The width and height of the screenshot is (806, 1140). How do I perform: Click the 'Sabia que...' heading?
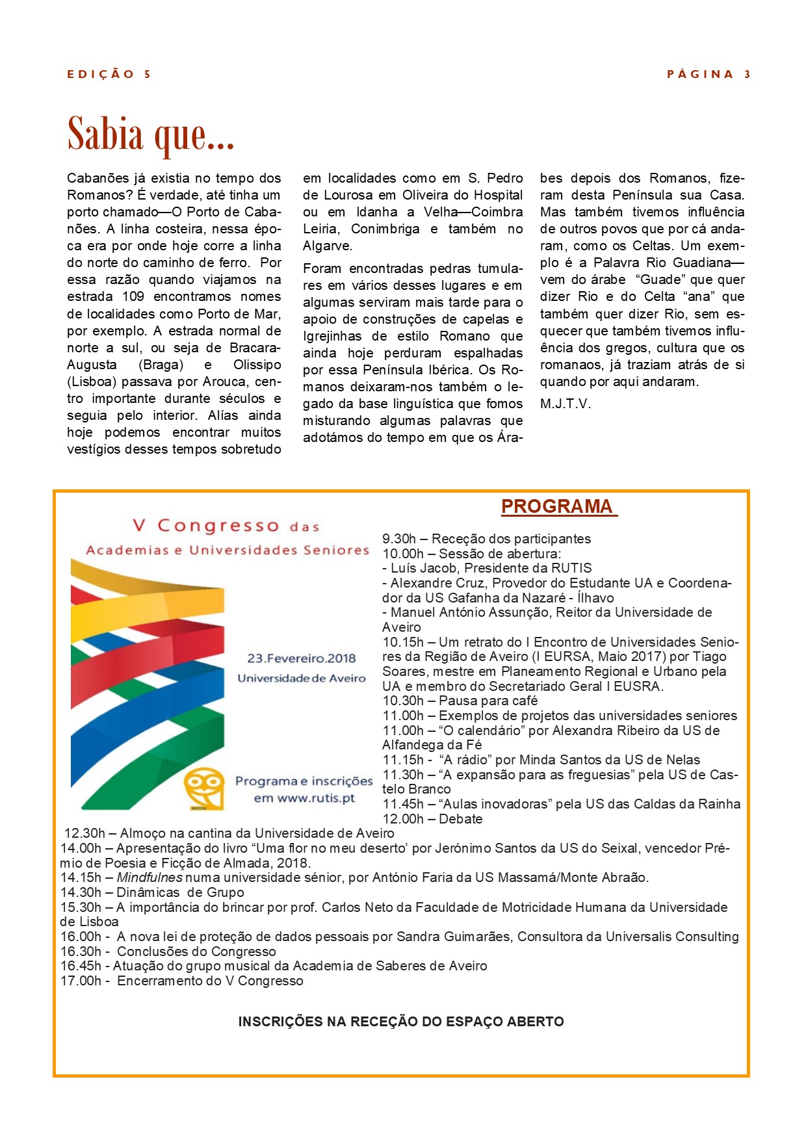[x=150, y=135]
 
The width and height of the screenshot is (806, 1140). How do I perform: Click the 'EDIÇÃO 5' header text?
[x=109, y=74]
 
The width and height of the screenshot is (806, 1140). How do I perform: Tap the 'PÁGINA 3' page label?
[x=708, y=74]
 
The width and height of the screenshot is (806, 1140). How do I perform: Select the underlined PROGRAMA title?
[x=558, y=507]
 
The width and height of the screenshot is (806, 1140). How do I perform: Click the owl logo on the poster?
[x=204, y=789]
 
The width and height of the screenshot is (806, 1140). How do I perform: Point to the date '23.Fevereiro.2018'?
[x=302, y=658]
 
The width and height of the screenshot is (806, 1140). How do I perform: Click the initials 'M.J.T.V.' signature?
[x=565, y=404]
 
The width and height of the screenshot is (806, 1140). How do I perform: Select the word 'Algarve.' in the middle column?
[x=328, y=246]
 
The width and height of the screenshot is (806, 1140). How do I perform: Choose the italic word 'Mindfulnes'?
[x=149, y=877]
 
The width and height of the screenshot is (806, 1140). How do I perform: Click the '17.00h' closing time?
[x=81, y=981]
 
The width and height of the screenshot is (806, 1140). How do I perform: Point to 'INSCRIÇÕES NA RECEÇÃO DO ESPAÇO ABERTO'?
[x=401, y=1022]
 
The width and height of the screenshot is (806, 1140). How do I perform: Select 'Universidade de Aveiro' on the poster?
[x=302, y=679]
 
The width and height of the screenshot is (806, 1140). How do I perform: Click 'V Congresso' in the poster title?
[x=205, y=525]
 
